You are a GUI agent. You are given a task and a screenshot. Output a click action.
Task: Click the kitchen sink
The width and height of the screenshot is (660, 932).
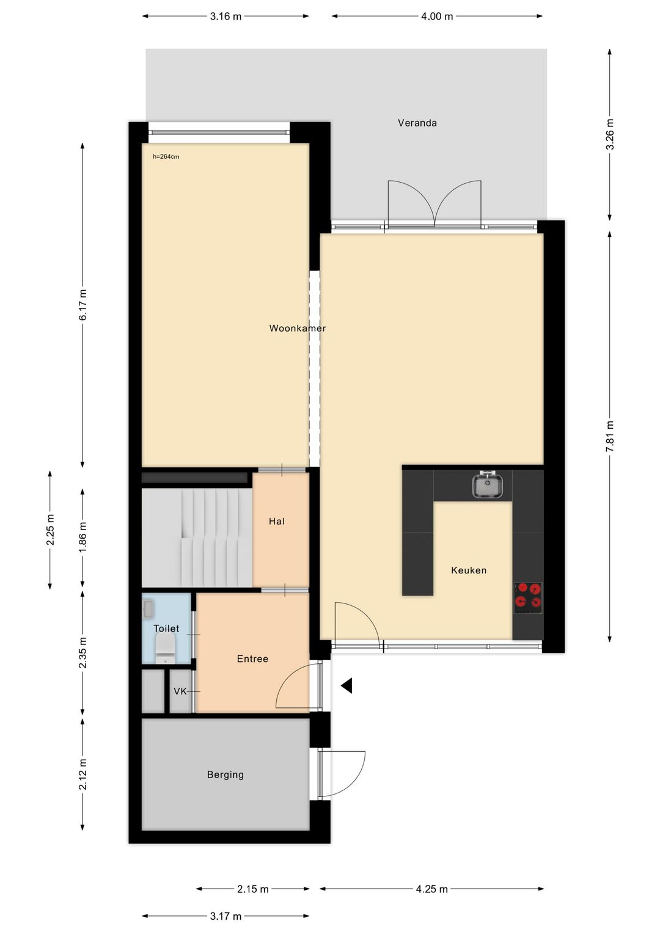tap(487, 486)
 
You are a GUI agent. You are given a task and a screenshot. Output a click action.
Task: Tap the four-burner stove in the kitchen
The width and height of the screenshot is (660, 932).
tap(528, 597)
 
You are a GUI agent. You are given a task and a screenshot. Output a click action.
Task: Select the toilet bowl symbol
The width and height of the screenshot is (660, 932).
tap(166, 648)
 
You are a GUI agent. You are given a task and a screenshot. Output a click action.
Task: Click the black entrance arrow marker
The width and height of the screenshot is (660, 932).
tap(346, 686)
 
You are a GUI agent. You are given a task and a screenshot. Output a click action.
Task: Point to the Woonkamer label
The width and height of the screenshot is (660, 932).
tap(298, 329)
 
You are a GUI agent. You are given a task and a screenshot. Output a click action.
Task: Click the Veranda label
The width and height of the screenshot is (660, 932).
tap(417, 123)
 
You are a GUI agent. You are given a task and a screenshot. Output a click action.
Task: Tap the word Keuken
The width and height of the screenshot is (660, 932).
tap(469, 570)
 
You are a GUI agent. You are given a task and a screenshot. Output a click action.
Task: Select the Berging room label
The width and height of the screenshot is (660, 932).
tap(226, 774)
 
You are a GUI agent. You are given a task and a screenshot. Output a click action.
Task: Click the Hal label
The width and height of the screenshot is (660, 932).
tap(277, 521)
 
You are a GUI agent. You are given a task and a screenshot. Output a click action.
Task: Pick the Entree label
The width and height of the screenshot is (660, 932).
tap(252, 658)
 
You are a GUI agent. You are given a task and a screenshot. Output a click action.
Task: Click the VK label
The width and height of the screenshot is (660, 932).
tap(180, 691)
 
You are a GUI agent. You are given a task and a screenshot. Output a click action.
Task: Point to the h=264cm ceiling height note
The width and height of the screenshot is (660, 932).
tap(166, 157)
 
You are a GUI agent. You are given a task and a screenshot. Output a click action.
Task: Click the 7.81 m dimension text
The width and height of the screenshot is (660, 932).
tap(609, 437)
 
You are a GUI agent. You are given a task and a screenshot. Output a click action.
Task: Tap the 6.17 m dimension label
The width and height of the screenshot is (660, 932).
tap(82, 305)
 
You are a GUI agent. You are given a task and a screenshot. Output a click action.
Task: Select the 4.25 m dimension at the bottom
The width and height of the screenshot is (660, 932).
tap(432, 889)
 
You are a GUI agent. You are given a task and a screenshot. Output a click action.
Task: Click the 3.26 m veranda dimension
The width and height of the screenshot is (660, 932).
tap(609, 134)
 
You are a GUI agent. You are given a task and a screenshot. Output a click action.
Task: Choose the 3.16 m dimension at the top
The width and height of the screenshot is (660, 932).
tap(226, 16)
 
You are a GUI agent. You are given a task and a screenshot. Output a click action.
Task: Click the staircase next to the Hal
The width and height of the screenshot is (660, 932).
tap(197, 537)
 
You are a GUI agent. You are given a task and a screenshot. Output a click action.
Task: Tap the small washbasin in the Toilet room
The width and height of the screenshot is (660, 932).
tap(148, 609)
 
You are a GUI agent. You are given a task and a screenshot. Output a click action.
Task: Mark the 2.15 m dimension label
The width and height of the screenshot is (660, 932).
tap(253, 889)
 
